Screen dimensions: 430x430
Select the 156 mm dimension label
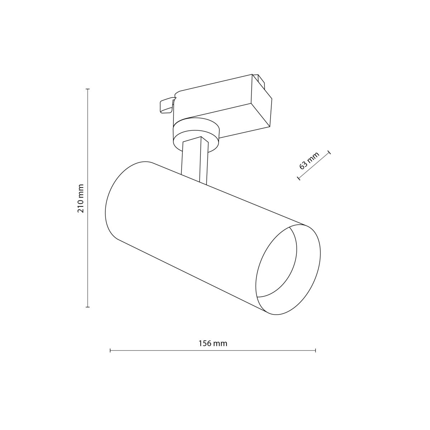tap(213, 343)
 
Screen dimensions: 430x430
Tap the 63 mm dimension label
tap(309, 161)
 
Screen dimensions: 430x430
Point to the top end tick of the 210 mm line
tap(88, 89)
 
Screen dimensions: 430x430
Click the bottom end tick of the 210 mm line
tap(88, 307)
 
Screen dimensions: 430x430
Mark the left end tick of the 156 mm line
tap(110, 350)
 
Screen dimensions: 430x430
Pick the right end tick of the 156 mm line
tap(315, 350)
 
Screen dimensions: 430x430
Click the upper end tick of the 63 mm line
tap(329, 152)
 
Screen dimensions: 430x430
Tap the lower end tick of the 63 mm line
tap(298, 178)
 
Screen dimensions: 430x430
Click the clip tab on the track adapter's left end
tap(166, 106)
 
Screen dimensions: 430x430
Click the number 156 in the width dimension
tap(205, 343)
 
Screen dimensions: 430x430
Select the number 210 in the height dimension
tap(81, 206)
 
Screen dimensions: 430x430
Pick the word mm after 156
tap(220, 343)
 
